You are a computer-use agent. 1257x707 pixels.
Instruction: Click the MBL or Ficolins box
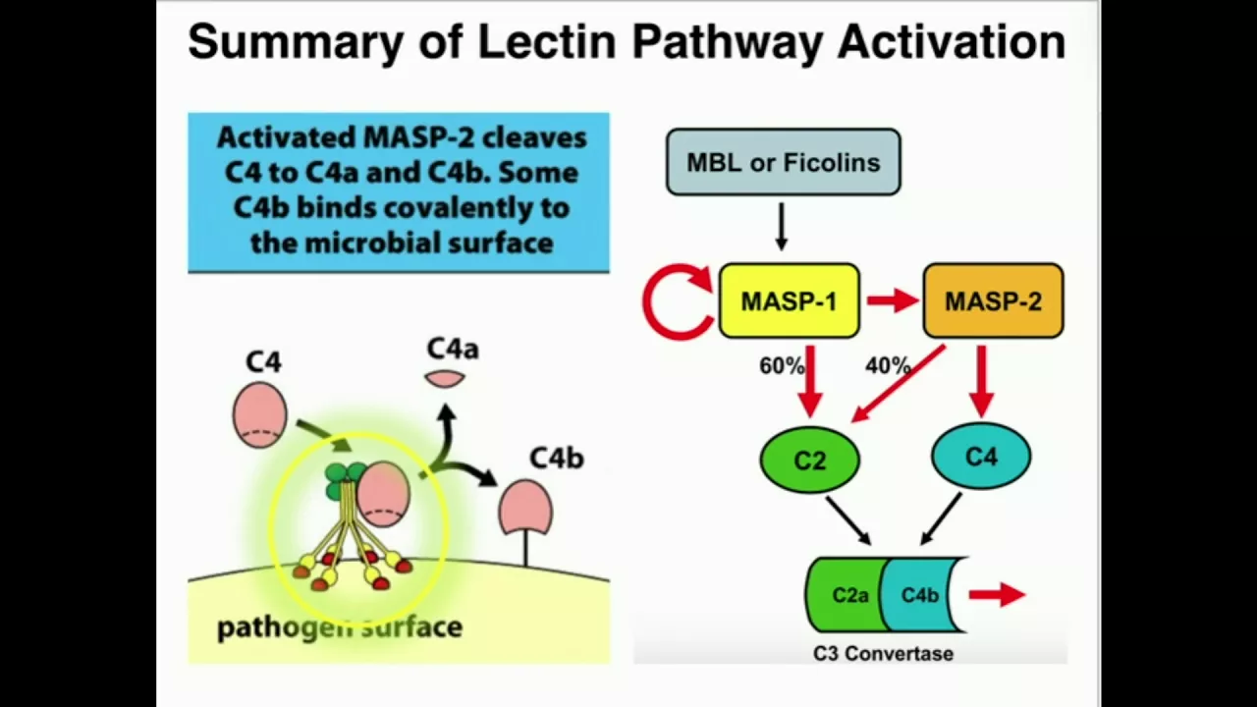click(783, 162)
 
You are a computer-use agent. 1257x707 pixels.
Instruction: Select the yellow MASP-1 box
click(789, 301)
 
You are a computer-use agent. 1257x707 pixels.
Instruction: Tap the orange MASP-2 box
click(993, 301)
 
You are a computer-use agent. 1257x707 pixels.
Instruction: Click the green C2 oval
click(809, 460)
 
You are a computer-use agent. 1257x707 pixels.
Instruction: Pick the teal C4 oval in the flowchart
click(981, 457)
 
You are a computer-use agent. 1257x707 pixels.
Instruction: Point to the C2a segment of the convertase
click(847, 595)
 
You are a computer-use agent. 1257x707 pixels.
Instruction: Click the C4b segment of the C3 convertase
click(921, 595)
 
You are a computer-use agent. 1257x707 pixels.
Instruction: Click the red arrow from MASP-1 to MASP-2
click(892, 301)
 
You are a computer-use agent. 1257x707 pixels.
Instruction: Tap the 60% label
click(782, 366)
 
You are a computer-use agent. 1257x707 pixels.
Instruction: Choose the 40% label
click(887, 366)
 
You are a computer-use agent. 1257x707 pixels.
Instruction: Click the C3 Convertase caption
click(883, 654)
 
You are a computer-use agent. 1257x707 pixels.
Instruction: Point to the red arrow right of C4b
click(997, 594)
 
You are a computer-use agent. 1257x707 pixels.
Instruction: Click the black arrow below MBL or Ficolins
click(782, 227)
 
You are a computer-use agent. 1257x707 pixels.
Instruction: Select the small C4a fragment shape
click(445, 378)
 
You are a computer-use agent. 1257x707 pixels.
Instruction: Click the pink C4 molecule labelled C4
click(260, 414)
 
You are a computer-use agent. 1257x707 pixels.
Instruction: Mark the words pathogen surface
click(339, 627)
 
